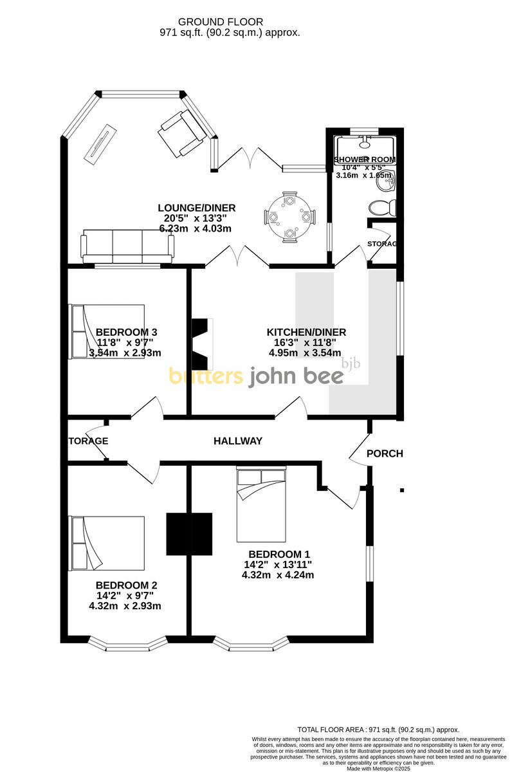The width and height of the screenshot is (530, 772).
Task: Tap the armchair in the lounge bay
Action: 182,133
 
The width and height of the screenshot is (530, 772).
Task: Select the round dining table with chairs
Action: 290,217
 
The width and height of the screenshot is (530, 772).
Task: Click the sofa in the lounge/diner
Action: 127,245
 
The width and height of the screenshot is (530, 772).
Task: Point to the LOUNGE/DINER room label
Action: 197,208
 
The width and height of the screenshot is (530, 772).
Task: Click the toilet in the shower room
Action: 383,208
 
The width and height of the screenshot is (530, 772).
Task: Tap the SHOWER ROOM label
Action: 365,160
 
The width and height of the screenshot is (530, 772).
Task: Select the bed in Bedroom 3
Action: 107,331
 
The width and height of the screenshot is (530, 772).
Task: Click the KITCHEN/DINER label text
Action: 306,332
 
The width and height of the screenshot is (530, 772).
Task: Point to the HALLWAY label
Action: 238,441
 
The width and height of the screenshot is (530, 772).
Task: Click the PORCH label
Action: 385,454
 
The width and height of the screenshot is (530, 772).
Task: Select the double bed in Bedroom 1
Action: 261,505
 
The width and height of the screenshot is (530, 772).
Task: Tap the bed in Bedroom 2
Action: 107,543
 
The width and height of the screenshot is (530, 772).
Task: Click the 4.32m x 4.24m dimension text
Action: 278,575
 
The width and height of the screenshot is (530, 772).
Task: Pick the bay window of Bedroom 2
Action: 127,643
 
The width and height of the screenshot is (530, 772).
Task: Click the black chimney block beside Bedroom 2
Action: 189,533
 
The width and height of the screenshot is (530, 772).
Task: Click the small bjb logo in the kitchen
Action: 351,363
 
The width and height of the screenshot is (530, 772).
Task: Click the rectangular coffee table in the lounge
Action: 100,143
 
